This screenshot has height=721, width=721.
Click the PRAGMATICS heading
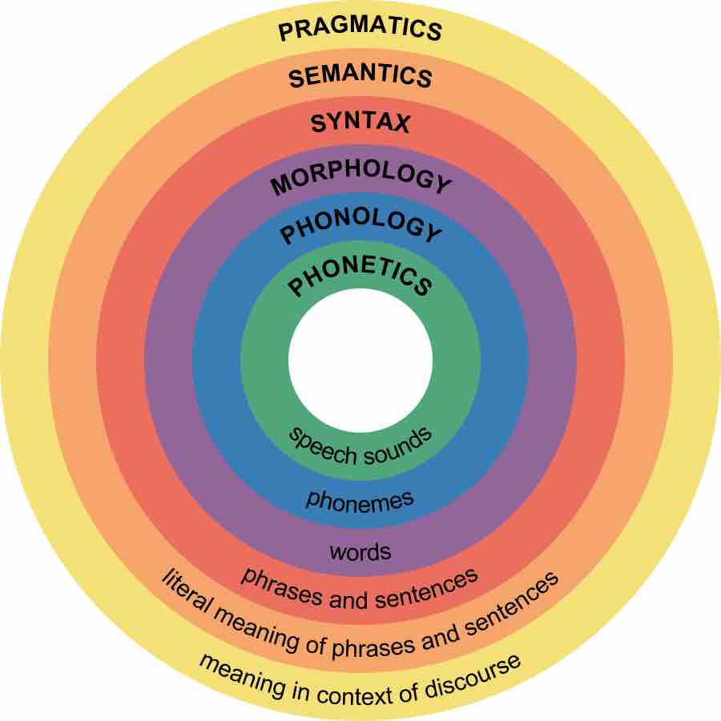tap(360, 29)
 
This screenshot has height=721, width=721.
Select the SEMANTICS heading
tap(360, 77)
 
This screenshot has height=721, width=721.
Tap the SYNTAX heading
tap(360, 123)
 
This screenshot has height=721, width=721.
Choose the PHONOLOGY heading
tap(360, 229)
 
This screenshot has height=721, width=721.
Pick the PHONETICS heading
tap(360, 279)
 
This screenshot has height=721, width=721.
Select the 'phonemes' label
tap(360, 500)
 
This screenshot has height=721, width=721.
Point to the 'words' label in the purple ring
tap(360, 551)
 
